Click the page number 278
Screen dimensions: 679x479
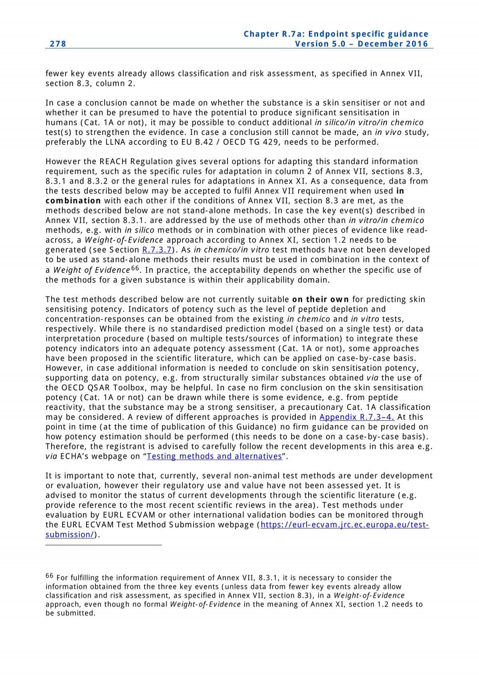(58, 44)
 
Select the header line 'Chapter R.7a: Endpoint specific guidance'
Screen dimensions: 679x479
(336, 34)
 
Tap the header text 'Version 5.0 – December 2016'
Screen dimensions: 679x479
(361, 44)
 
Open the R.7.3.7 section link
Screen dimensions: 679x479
(156, 250)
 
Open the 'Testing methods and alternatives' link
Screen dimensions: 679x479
(214, 456)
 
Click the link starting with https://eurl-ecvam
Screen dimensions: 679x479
(344, 525)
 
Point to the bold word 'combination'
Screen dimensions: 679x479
(73, 201)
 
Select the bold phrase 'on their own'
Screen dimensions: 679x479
(321, 299)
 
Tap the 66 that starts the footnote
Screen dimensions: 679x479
(49, 576)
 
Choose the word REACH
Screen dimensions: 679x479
(113, 162)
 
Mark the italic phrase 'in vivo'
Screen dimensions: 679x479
(388, 133)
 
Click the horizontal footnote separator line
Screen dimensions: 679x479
(103, 545)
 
